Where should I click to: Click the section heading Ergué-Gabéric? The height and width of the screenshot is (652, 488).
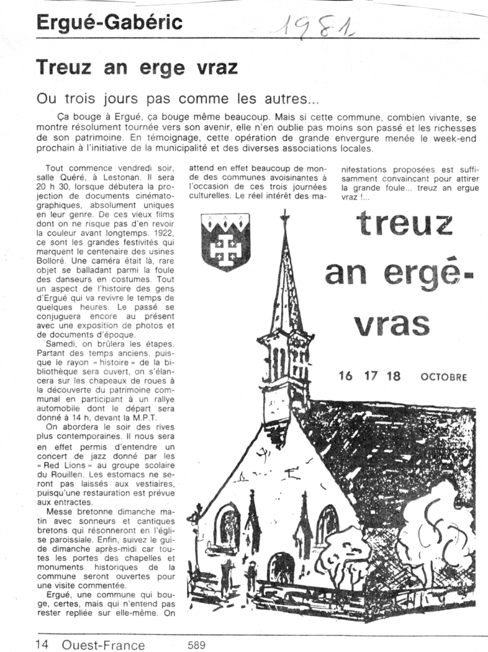click(109, 22)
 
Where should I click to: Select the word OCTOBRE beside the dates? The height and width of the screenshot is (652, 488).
click(444, 377)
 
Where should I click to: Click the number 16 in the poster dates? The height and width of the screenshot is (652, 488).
click(346, 377)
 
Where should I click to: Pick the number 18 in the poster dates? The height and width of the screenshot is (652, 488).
click(393, 377)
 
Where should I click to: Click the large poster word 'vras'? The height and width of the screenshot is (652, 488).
click(390, 324)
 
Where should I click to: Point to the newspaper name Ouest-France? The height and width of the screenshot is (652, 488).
click(103, 645)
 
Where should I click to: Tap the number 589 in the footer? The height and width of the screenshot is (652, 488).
click(196, 645)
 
